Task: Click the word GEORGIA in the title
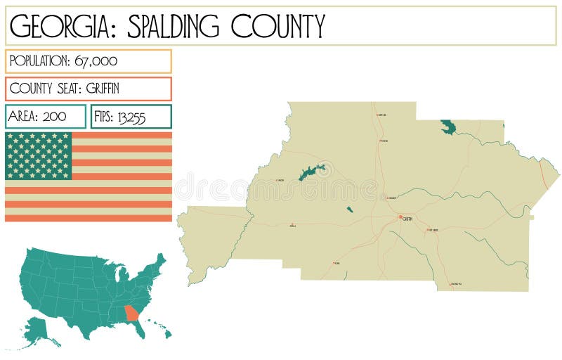tap(58, 26)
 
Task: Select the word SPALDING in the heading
tap(166, 26)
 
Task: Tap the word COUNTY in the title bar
tap(278, 26)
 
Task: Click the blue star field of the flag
tap(39, 155)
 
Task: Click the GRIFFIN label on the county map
tap(407, 219)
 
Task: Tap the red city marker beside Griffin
tap(400, 217)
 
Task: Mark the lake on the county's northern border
tap(447, 127)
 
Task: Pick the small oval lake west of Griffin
tap(349, 210)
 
